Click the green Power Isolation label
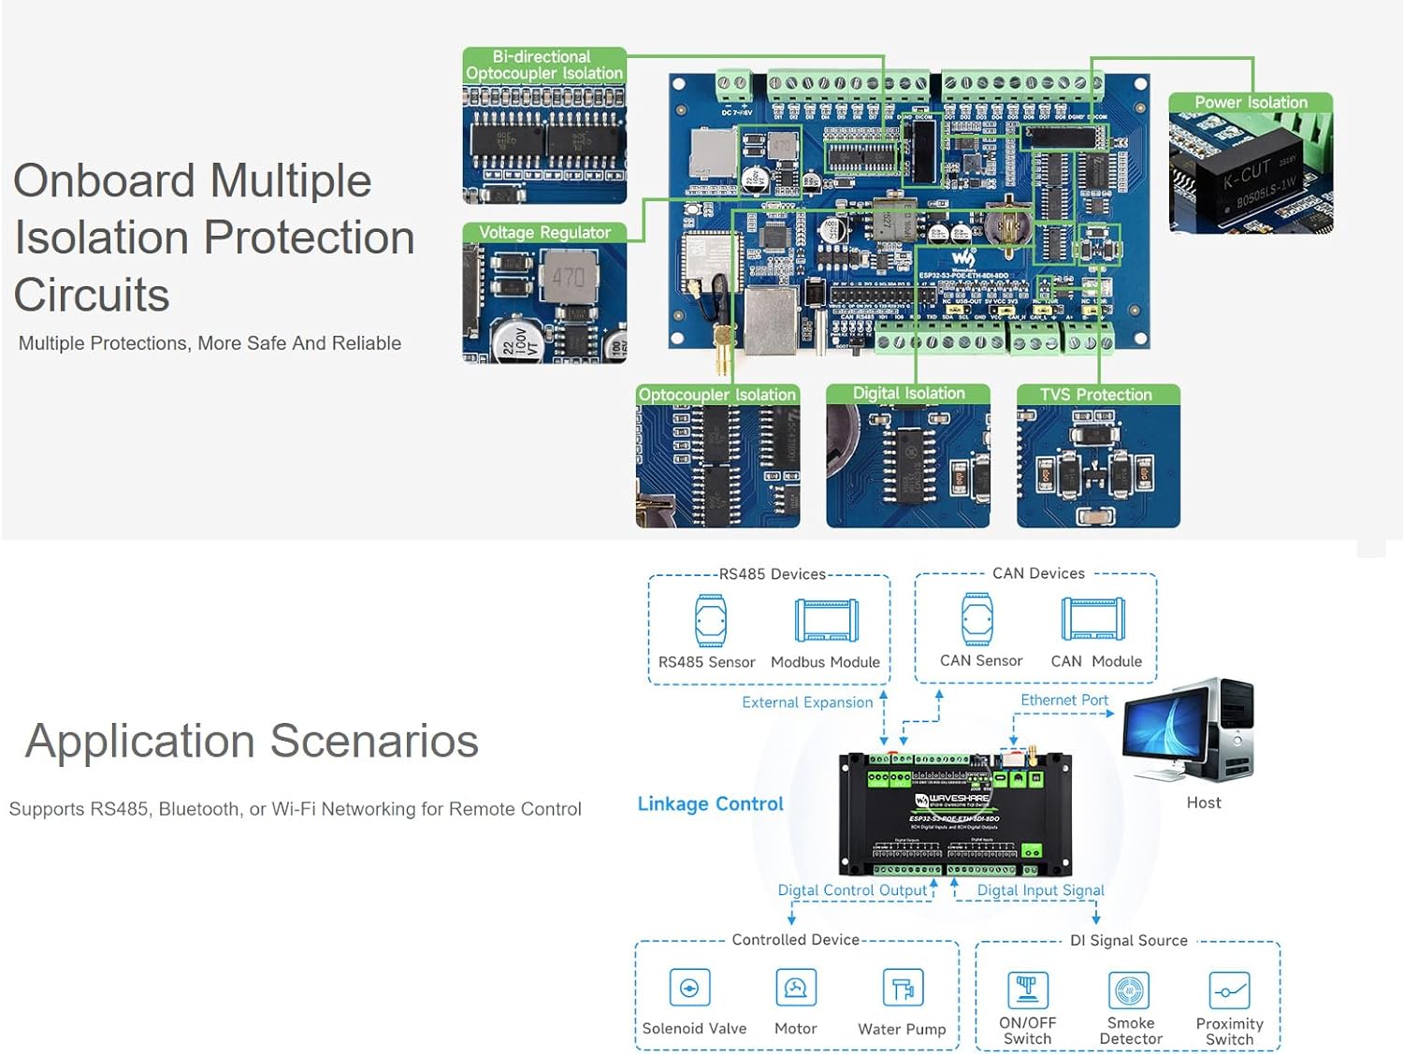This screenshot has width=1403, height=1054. pos(1251,102)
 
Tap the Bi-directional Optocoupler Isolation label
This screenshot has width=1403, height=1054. pos(543,65)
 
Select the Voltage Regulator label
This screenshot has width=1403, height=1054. pos(544,232)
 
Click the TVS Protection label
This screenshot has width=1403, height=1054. pos(1096,395)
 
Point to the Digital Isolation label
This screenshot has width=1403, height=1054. pos(908,394)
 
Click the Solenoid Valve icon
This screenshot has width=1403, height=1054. pos(690,988)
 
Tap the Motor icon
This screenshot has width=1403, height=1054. pos(796,988)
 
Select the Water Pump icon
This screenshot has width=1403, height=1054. pos(903,989)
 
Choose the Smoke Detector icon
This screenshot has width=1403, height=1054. pos(1130,990)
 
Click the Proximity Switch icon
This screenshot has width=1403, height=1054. pos(1229,990)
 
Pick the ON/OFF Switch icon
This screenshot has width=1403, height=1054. pos(1027,989)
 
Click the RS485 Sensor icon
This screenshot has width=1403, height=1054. pos(711,620)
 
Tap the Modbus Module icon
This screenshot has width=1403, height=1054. pos(826,620)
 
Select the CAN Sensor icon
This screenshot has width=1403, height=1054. pos(977,618)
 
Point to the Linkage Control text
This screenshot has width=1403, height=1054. pos(710,803)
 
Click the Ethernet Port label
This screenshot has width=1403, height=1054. pos(1063,700)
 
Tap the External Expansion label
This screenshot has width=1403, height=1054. pos(807,702)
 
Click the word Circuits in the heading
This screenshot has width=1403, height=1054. pos(92,296)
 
